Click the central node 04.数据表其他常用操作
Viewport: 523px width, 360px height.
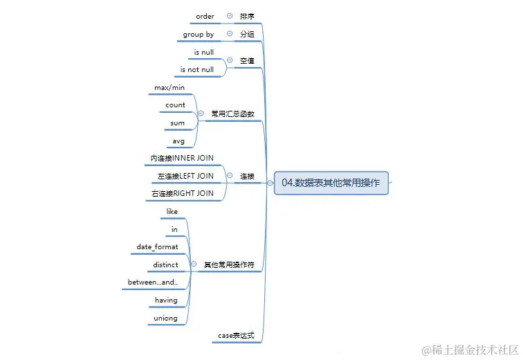tap(331, 183)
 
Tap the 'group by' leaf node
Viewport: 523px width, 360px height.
tap(198, 34)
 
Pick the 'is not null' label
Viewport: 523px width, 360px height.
tap(197, 69)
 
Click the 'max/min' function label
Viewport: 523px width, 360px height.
tap(169, 87)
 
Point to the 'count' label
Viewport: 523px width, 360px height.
tap(175, 105)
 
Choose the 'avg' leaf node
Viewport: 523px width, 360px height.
tap(178, 141)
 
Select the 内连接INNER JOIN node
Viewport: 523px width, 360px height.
tap(182, 158)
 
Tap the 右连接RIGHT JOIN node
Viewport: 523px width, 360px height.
tap(182, 193)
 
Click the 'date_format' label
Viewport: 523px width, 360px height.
tap(157, 246)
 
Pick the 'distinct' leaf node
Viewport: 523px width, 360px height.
tap(166, 264)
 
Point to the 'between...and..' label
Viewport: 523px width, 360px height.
tap(153, 282)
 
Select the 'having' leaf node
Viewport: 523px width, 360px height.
tap(166, 300)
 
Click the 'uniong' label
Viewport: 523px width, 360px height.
tap(166, 318)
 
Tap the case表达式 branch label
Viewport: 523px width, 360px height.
tap(237, 336)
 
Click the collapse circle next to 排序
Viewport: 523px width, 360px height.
tap(229, 16)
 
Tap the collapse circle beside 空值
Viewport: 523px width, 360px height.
tap(229, 60)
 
